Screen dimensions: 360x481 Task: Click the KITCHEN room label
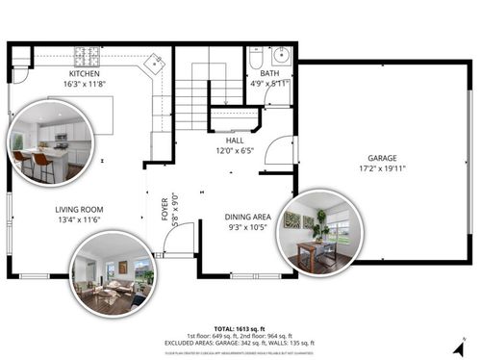point(84,74)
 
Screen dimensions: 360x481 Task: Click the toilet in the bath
point(256,59)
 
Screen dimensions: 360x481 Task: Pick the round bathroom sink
point(282,54)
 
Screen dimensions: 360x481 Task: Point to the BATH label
point(269,73)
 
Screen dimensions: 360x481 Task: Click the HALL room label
point(235,141)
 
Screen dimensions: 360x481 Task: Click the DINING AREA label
point(248,217)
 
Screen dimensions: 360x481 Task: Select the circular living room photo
point(112,273)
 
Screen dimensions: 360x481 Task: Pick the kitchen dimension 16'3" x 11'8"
point(84,84)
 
